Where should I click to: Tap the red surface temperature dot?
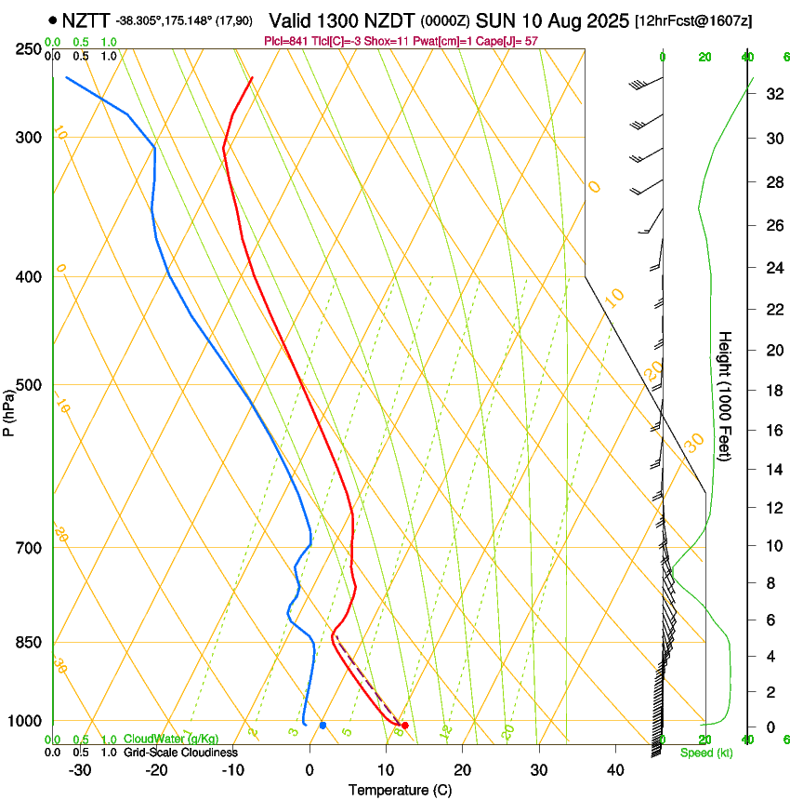(x=404, y=725)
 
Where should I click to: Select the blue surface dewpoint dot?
(x=323, y=725)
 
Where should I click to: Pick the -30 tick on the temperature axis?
(x=80, y=770)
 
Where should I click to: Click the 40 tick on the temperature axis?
(x=614, y=770)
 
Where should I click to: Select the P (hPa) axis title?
(x=8, y=410)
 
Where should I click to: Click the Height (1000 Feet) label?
(x=726, y=396)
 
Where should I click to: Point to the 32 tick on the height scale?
(x=772, y=94)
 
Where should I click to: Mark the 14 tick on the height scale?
(x=772, y=470)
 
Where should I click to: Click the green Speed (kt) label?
(x=705, y=753)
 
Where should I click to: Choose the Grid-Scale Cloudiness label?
(x=180, y=753)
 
